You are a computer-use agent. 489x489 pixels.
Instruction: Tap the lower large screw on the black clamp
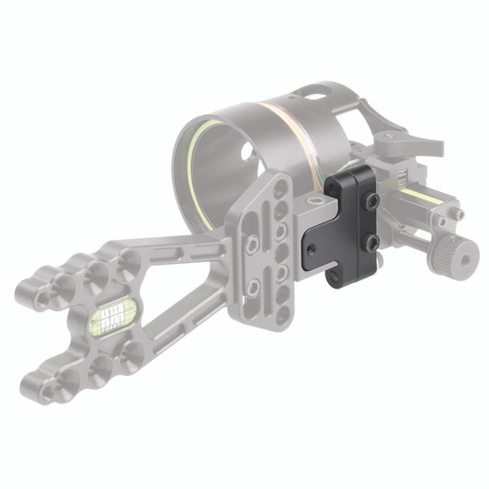click(372, 243)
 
